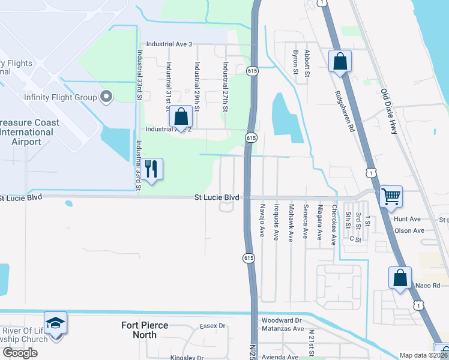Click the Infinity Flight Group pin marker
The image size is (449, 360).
pyautogui.click(x=106, y=97)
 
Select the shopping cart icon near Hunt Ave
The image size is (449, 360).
pyautogui.click(x=391, y=196)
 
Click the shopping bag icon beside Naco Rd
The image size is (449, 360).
pyautogui.click(x=400, y=278)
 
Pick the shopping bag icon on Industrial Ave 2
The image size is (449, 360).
pyautogui.click(x=181, y=118)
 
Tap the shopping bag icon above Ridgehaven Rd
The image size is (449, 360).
pyautogui.click(x=340, y=61)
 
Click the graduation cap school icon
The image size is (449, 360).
pyautogui.click(x=55, y=323)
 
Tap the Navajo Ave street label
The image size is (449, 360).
pyautogui.click(x=262, y=220)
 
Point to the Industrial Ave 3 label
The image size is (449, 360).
pyautogui.click(x=169, y=44)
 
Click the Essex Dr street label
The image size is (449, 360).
pyautogui.click(x=213, y=326)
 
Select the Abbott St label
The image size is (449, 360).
pyautogui.click(x=307, y=63)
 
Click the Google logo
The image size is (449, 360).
pyautogui.click(x=20, y=353)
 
